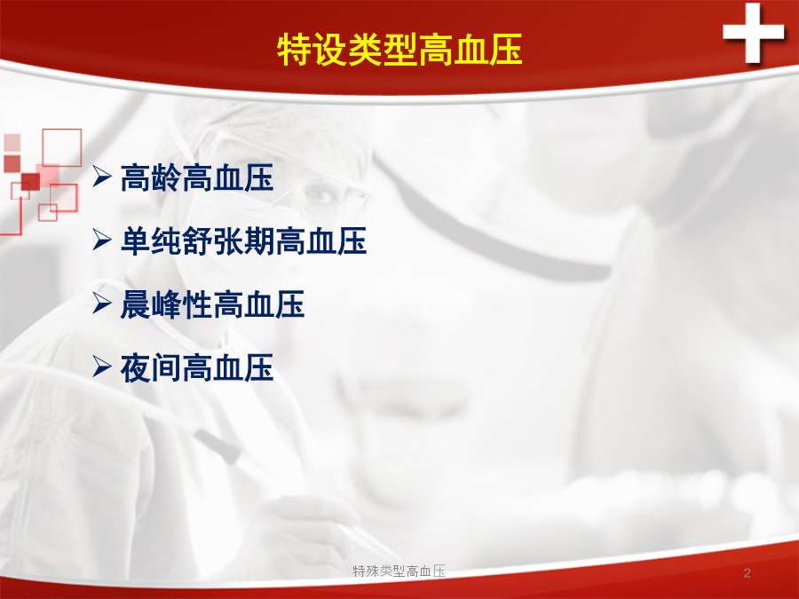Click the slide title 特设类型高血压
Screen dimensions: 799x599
pyautogui.click(x=400, y=50)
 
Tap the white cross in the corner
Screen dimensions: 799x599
pyautogui.click(x=753, y=33)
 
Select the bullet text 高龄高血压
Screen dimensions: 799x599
pyautogui.click(x=197, y=177)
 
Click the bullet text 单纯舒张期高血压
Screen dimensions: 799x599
pyautogui.click(x=243, y=240)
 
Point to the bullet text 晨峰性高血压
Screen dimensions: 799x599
pyautogui.click(x=212, y=304)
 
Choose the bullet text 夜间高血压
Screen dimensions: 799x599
pyautogui.click(x=197, y=367)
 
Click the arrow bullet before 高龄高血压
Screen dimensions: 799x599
pyautogui.click(x=102, y=177)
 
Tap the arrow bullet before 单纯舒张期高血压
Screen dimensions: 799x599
pyautogui.click(x=102, y=240)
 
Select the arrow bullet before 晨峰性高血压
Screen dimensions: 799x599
pyautogui.click(x=102, y=303)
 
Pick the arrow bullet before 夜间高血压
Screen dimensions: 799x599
pyautogui.click(x=102, y=366)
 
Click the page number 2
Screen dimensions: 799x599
pyautogui.click(x=747, y=573)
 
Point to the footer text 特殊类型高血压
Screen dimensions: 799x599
pyautogui.click(x=399, y=571)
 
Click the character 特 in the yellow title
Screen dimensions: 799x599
pyautogui.click(x=295, y=50)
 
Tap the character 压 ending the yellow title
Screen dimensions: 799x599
pyautogui.click(x=506, y=50)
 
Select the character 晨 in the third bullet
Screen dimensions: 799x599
pyautogui.click(x=136, y=304)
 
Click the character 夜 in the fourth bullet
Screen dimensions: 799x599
pyautogui.click(x=136, y=367)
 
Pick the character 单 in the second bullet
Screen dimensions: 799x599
pyautogui.click(x=136, y=240)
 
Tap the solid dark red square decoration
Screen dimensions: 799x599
pyautogui.click(x=30, y=181)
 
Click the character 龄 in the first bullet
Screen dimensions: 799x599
pyautogui.click(x=166, y=177)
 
